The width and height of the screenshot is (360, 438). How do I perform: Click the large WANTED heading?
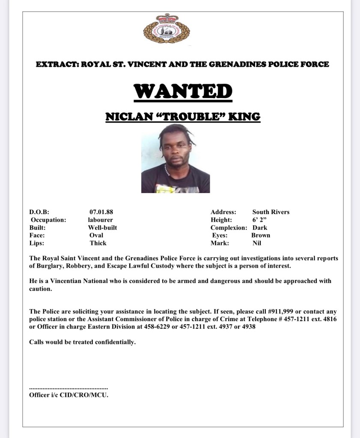pos(183,91)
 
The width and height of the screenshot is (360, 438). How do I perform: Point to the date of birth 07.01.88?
pos(101,212)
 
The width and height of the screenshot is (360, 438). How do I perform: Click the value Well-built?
pos(102,227)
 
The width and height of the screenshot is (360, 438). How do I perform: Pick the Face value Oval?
pos(96,235)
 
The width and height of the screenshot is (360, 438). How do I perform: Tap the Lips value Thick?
pos(98,243)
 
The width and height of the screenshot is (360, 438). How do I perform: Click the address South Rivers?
pos(271,212)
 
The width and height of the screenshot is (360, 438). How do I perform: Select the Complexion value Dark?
pos(260,227)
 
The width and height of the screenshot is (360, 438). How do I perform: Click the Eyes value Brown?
pos(261,235)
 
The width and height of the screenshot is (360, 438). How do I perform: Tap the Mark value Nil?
pos(257,243)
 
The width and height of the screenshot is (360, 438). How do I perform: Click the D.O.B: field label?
pos(39,212)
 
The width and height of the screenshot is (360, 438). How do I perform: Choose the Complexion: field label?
pos(229,227)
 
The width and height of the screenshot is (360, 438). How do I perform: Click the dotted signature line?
pos(68,387)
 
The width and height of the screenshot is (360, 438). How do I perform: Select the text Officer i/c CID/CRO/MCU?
pos(68,395)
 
